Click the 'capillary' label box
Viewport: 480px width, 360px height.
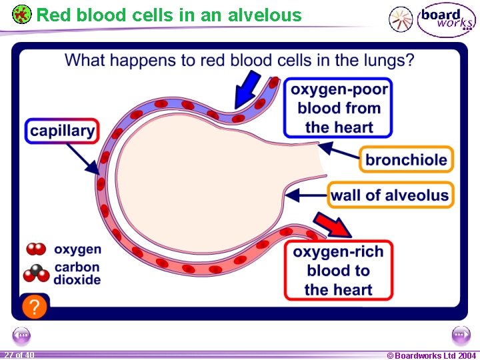coord(63,131)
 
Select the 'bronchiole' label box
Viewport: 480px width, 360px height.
coord(406,160)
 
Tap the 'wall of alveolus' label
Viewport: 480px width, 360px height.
coord(390,195)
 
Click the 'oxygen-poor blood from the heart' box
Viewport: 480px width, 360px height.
coord(339,108)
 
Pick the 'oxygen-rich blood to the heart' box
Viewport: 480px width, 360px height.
coord(338,270)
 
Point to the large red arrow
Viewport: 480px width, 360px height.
coord(333,225)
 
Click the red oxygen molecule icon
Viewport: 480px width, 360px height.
coord(36,249)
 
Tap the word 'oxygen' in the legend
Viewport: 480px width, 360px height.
coord(77,249)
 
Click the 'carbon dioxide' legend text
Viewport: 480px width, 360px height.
coord(77,273)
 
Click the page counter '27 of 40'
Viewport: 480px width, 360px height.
coord(18,355)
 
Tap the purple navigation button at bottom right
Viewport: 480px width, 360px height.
coord(461,335)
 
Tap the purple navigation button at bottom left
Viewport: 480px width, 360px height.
coord(21,335)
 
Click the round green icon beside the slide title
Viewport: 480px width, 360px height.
coord(21,14)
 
